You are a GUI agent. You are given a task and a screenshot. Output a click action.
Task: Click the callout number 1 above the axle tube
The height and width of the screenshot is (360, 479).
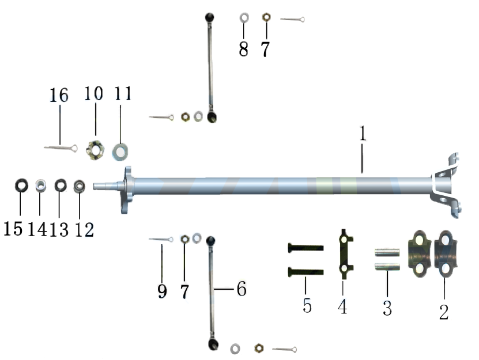pos(363,134)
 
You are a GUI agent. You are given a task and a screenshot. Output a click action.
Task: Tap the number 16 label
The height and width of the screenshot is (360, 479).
pos(59,95)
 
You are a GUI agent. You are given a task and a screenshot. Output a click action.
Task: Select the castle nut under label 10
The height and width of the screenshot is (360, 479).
pos(95,150)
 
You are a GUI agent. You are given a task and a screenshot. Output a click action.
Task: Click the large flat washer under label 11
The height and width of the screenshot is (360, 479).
pos(120,151)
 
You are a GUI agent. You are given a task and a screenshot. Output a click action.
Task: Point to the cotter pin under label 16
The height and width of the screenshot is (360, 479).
pos(61,149)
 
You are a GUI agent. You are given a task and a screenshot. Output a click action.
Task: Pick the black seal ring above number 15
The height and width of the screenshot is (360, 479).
pos(21,185)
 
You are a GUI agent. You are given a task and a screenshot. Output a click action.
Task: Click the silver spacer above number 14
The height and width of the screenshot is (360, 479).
pos(40,185)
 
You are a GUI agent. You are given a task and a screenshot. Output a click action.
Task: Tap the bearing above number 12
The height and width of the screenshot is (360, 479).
pos(80,186)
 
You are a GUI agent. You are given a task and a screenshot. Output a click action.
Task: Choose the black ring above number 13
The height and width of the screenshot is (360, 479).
pos(61,185)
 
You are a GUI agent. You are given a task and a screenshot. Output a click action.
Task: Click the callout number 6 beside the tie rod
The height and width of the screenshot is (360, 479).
pos(242,289)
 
